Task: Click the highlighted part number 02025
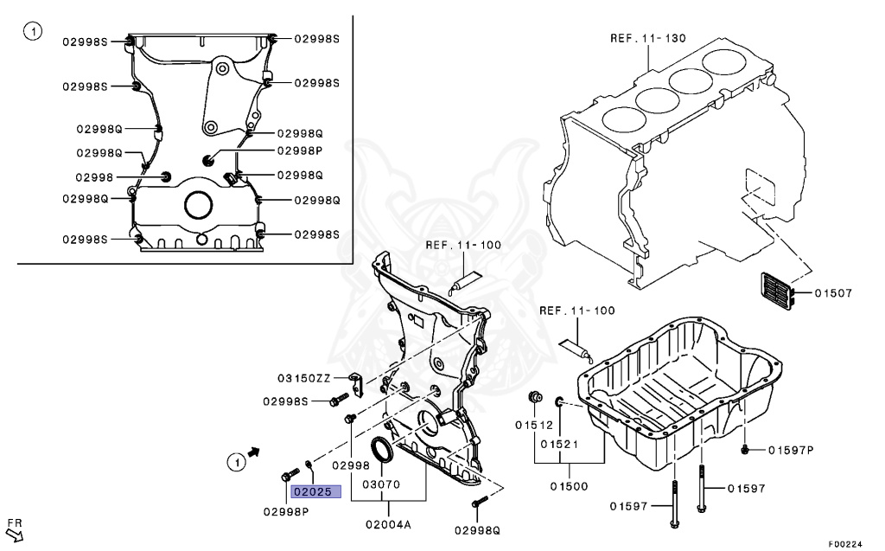[315, 492]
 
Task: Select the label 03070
[380, 484]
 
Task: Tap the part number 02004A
[387, 524]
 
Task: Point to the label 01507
[833, 293]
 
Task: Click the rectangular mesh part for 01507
[775, 292]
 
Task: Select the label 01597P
[791, 449]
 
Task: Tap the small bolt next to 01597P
[745, 449]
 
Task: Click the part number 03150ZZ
[304, 378]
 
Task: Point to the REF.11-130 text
[647, 38]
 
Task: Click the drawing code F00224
[844, 544]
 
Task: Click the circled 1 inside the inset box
[32, 33]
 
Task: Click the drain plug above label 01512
[534, 397]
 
